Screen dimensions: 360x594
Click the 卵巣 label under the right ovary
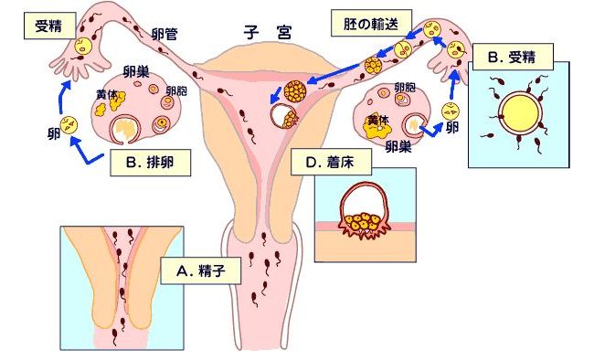pos(398,145)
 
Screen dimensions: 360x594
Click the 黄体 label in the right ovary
pos(377,120)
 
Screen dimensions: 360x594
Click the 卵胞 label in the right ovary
pos(405,87)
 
